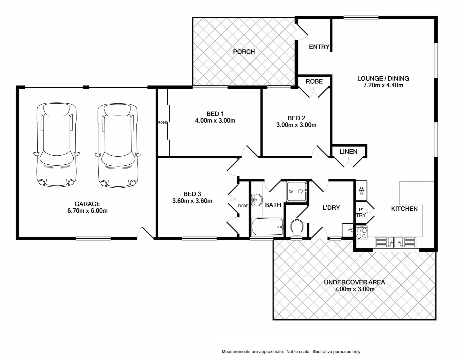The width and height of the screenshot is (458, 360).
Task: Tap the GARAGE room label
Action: tap(87, 204)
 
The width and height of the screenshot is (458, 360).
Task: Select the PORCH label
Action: tap(244, 52)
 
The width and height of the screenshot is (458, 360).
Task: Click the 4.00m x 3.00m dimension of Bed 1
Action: tap(215, 121)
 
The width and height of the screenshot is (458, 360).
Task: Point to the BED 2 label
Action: tap(296, 118)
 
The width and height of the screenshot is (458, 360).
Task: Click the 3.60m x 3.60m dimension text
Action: tap(192, 201)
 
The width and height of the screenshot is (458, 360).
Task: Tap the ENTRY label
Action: tap(319, 47)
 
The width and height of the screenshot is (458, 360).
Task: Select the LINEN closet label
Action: tap(348, 152)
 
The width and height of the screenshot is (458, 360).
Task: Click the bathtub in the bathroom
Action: tap(267, 227)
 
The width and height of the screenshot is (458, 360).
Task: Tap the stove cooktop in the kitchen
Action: tap(362, 232)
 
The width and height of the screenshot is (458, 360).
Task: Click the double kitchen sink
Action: tap(395, 242)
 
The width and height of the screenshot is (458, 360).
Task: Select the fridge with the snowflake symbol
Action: tap(361, 191)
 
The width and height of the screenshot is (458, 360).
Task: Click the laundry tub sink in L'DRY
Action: tap(347, 230)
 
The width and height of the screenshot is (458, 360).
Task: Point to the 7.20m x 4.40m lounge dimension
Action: tap(383, 85)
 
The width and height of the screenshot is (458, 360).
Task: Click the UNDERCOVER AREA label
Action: tap(354, 282)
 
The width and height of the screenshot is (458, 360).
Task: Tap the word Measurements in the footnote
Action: tap(236, 351)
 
